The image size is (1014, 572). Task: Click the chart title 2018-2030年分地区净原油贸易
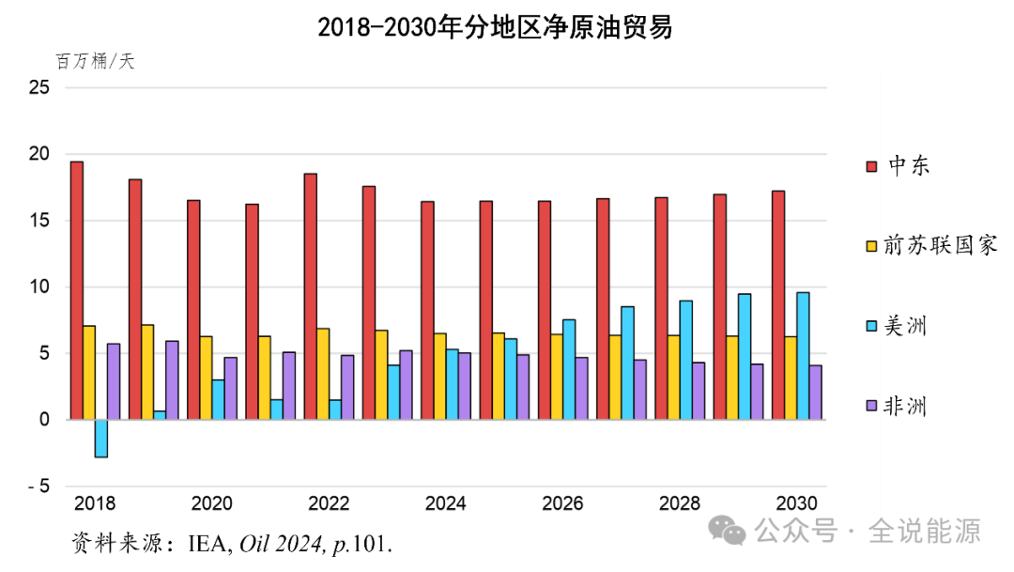(x=495, y=28)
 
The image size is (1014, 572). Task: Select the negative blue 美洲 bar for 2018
(x=101, y=439)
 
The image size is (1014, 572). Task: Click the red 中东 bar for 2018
(x=77, y=290)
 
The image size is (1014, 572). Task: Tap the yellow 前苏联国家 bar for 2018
(x=89, y=373)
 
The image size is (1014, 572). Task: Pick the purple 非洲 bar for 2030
(x=815, y=393)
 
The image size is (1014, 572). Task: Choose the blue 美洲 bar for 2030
(x=803, y=356)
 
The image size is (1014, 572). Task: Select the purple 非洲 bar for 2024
(x=465, y=387)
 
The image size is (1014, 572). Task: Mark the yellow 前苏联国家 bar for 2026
(x=557, y=377)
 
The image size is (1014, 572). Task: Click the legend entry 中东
(x=897, y=166)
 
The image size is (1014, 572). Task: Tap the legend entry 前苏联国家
(x=929, y=246)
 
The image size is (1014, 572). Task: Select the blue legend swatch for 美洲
(x=871, y=327)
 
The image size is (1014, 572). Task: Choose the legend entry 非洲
(x=897, y=406)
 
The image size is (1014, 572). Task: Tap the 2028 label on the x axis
(x=679, y=504)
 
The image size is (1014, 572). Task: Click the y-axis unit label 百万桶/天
(x=95, y=62)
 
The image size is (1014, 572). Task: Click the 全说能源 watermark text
(x=925, y=532)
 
